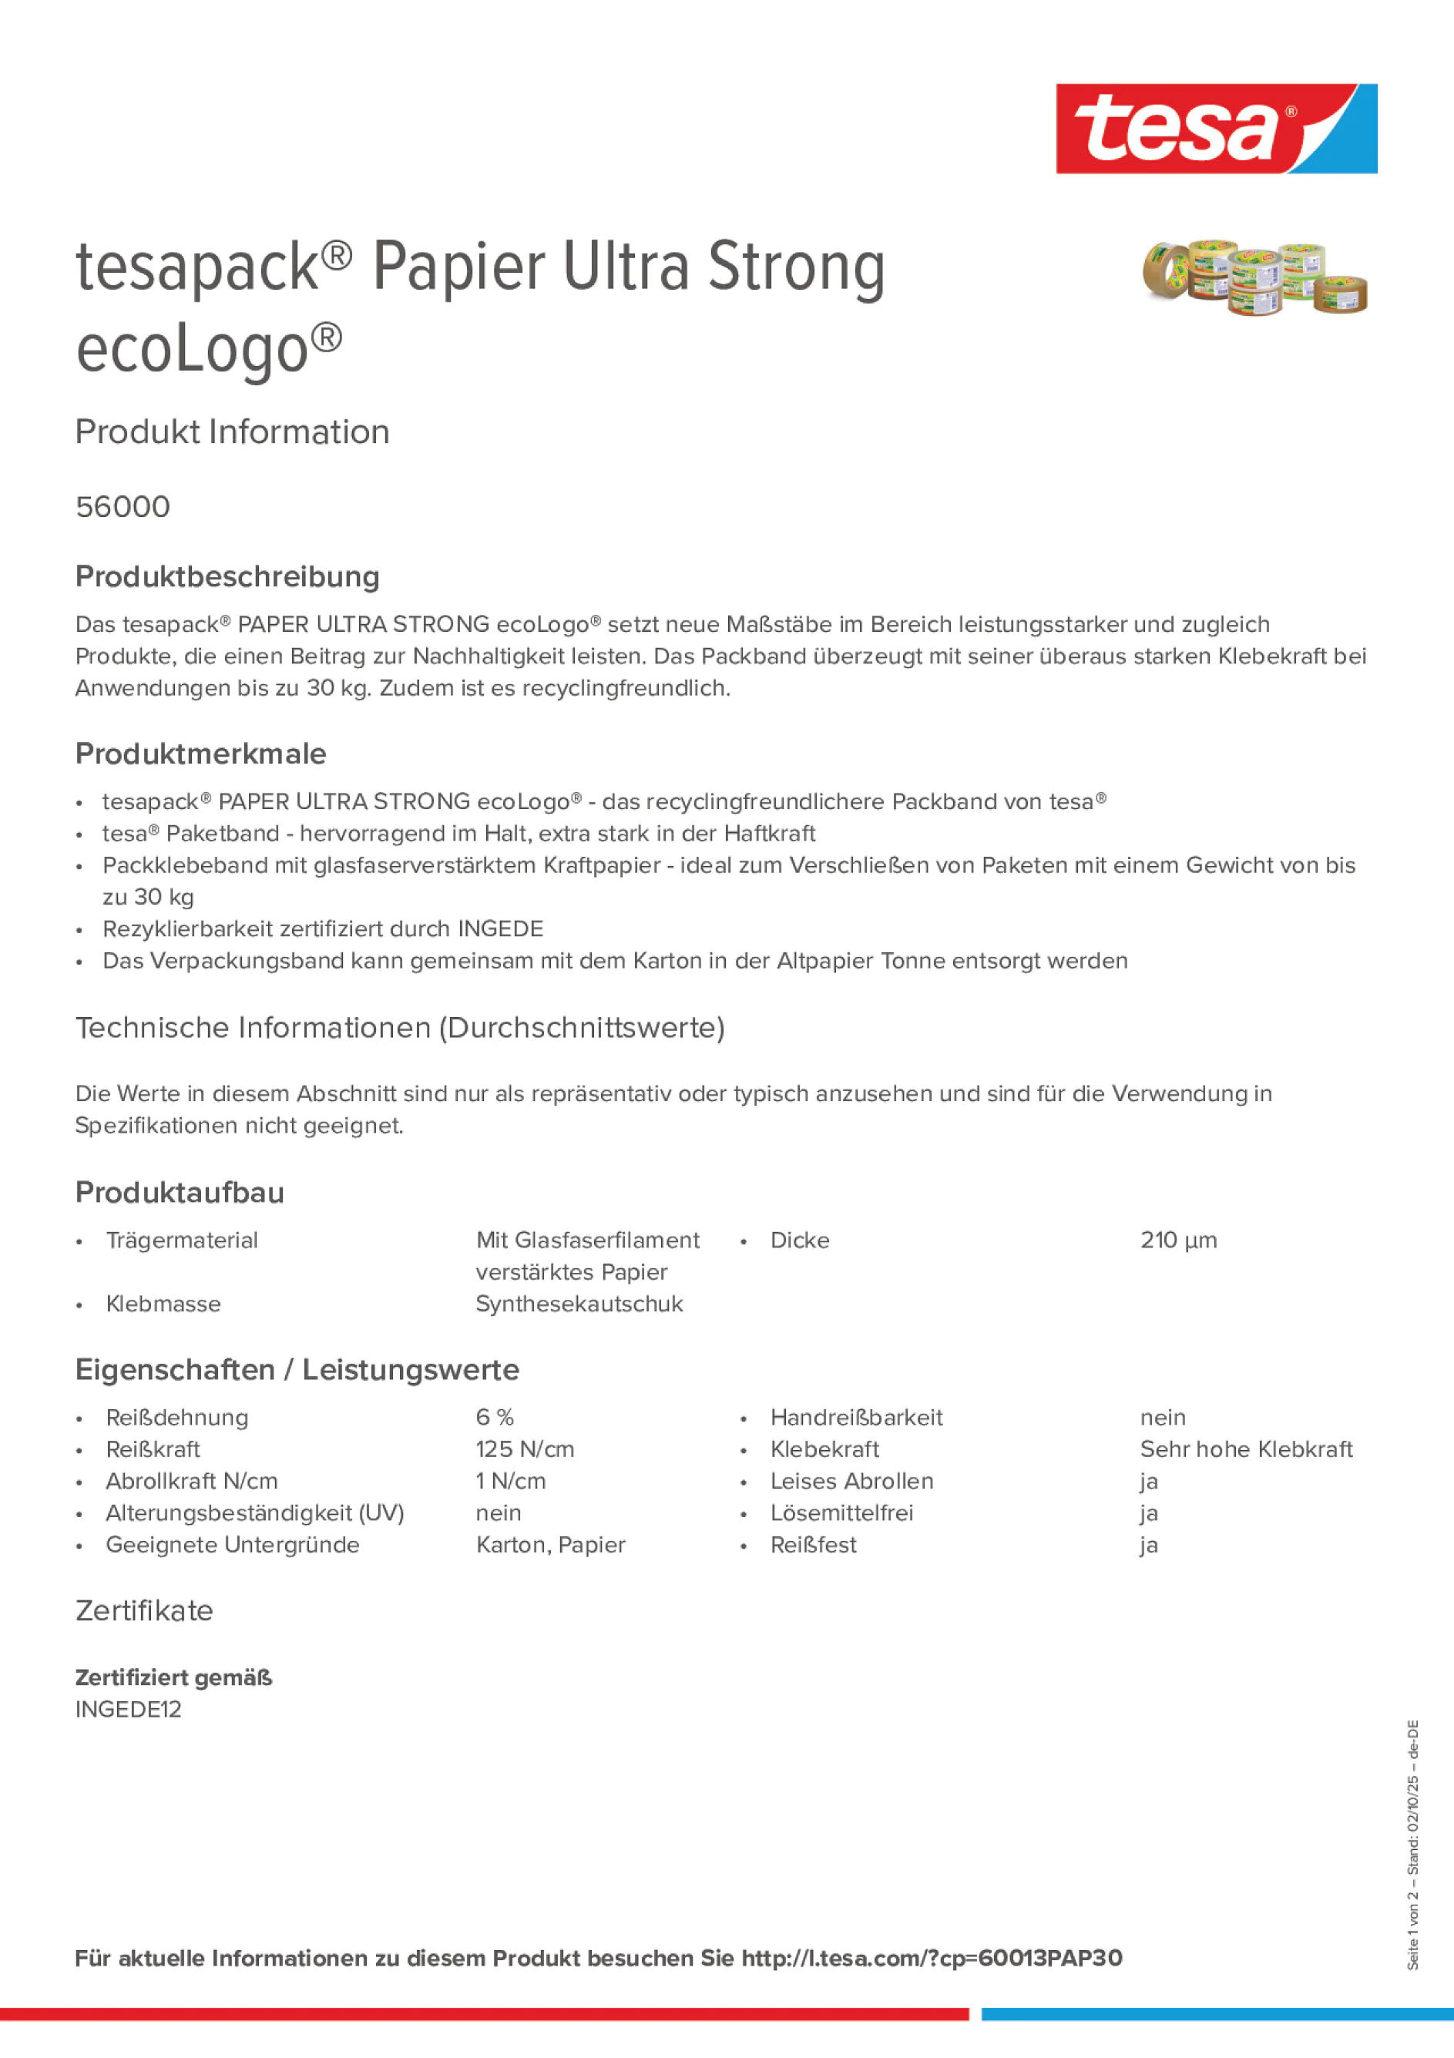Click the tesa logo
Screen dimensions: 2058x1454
pyautogui.click(x=1216, y=129)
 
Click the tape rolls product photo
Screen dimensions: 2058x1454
pyautogui.click(x=1254, y=278)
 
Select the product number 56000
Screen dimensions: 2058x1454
pyautogui.click(x=123, y=507)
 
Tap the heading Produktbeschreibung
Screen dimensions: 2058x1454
pyautogui.click(x=227, y=577)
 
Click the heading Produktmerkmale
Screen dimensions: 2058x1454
pyautogui.click(x=201, y=754)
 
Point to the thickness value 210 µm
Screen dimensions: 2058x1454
pyautogui.click(x=1178, y=1241)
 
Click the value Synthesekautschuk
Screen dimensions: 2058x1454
pyautogui.click(x=579, y=1304)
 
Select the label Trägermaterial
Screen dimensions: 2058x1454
pyautogui.click(x=182, y=1241)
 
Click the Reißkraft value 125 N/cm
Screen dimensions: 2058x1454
pyautogui.click(x=526, y=1449)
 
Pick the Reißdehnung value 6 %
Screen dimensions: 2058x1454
pyautogui.click(x=495, y=1418)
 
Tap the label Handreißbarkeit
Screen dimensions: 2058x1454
pyautogui.click(x=856, y=1418)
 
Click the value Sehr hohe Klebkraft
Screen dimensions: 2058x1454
pyautogui.click(x=1246, y=1449)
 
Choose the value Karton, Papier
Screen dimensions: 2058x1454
pyautogui.click(x=550, y=1546)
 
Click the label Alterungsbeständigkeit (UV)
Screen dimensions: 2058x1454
pyautogui.click(x=254, y=1513)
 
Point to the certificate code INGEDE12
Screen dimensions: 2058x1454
pyautogui.click(x=128, y=1709)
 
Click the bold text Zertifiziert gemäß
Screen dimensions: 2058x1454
pyautogui.click(x=174, y=1678)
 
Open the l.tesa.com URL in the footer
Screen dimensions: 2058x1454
pyautogui.click(x=932, y=1959)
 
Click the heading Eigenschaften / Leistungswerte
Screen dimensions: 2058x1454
pyautogui.click(x=297, y=1371)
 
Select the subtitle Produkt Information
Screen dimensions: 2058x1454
pyautogui.click(x=232, y=432)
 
